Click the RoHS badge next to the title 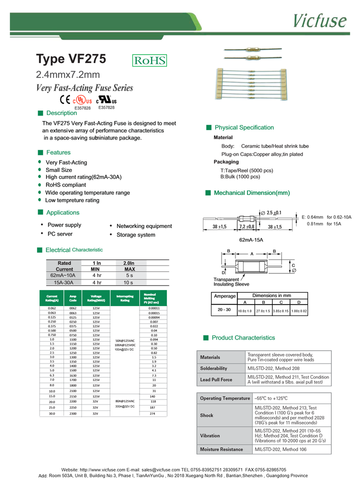pos(149,60)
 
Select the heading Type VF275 pos(71,59)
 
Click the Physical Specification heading pos(244,127)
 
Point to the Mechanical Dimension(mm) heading pos(251,192)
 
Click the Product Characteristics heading pos(243,338)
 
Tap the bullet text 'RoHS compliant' pos(66,185)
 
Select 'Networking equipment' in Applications pos(144,226)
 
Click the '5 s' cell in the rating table pos(129,275)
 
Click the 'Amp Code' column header pos(73,298)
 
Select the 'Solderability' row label pos(213,368)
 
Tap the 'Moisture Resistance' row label pos(221,449)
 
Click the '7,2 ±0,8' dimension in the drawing pos(246,226)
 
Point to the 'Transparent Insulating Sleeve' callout pos(231,282)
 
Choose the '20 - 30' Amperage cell pos(224,310)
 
